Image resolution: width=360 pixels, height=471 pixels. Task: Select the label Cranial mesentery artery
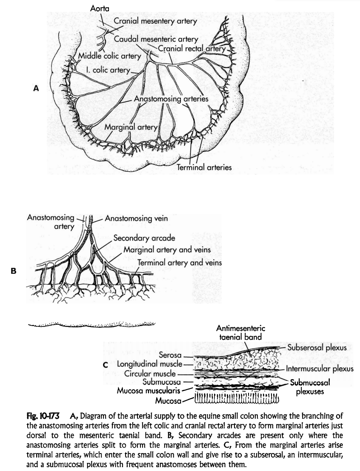pos(155,21)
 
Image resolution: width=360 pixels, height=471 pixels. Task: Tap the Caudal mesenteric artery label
pos(156,40)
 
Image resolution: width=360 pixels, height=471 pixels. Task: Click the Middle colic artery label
pos(109,56)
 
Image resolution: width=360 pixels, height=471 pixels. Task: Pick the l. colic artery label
pos(107,70)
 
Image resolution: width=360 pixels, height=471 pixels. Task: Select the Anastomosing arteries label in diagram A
pos(171,99)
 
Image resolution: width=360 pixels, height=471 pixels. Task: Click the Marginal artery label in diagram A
pos(131,126)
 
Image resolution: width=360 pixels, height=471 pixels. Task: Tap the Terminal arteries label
pos(204,167)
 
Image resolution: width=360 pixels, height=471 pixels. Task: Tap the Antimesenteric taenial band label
pos(240,332)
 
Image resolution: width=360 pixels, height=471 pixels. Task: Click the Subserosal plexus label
pos(317,347)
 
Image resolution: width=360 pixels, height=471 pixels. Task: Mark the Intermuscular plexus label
pos(320,369)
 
